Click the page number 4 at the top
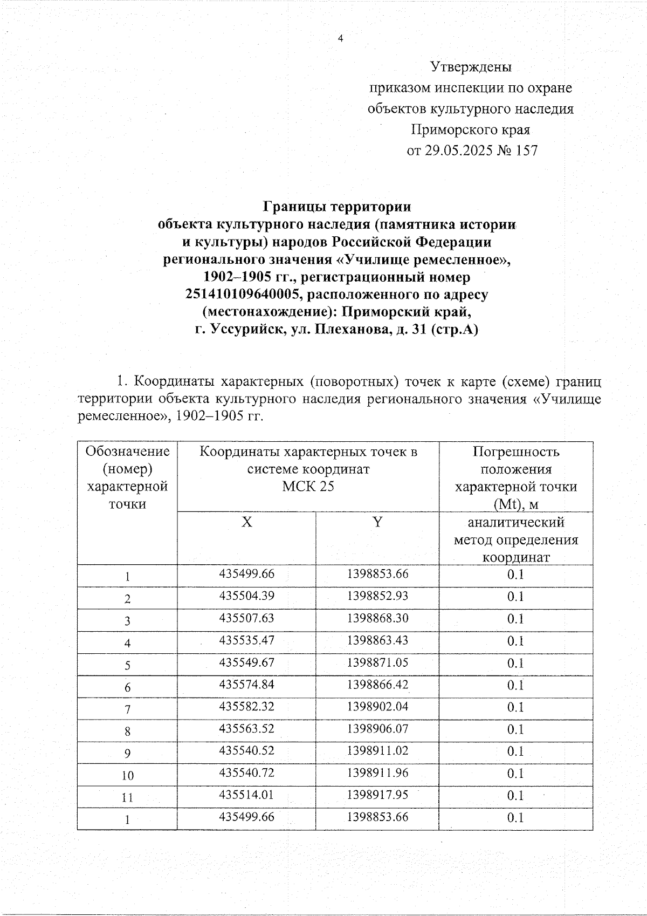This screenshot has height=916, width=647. click(x=340, y=38)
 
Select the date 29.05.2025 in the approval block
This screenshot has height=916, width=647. click(x=458, y=151)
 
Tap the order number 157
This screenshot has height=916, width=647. click(x=526, y=151)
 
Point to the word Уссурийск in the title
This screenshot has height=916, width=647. click(x=247, y=330)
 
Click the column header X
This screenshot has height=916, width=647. click(x=246, y=522)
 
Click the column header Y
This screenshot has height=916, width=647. click(x=377, y=522)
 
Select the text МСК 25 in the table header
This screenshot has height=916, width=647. click(x=308, y=487)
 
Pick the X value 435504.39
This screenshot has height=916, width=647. click(x=246, y=596)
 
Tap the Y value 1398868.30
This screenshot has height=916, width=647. click(x=377, y=618)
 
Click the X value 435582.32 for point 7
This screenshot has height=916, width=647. click(x=246, y=707)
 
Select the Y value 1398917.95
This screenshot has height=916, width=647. click(x=377, y=795)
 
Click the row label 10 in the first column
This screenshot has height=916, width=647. click(x=127, y=776)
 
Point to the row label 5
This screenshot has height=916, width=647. click(x=127, y=665)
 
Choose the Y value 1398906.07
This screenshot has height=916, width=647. click(x=377, y=729)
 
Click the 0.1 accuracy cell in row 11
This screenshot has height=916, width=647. click(x=515, y=796)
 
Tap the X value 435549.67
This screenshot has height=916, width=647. click(x=246, y=662)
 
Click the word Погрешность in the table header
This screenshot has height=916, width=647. click(x=516, y=452)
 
